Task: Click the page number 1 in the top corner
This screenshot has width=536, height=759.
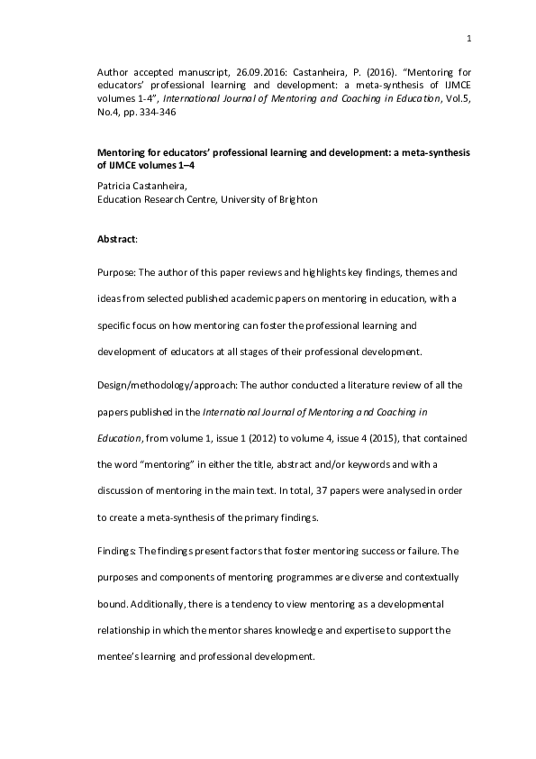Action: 469,38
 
